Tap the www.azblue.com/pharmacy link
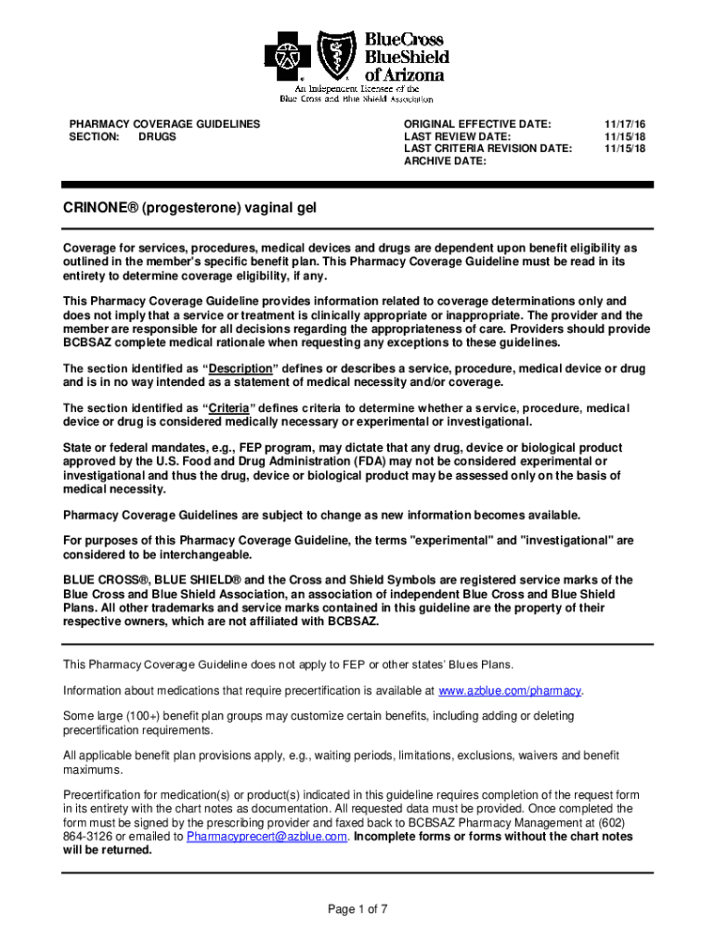[511, 691]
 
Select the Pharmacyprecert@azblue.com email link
[267, 836]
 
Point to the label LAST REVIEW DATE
[457, 135]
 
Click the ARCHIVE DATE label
[445, 161]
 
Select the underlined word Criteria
[227, 408]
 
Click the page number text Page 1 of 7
[357, 909]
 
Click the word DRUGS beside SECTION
[157, 136]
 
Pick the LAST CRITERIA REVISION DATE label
[487, 148]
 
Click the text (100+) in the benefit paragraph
[123, 716]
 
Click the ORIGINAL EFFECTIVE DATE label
[477, 123]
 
